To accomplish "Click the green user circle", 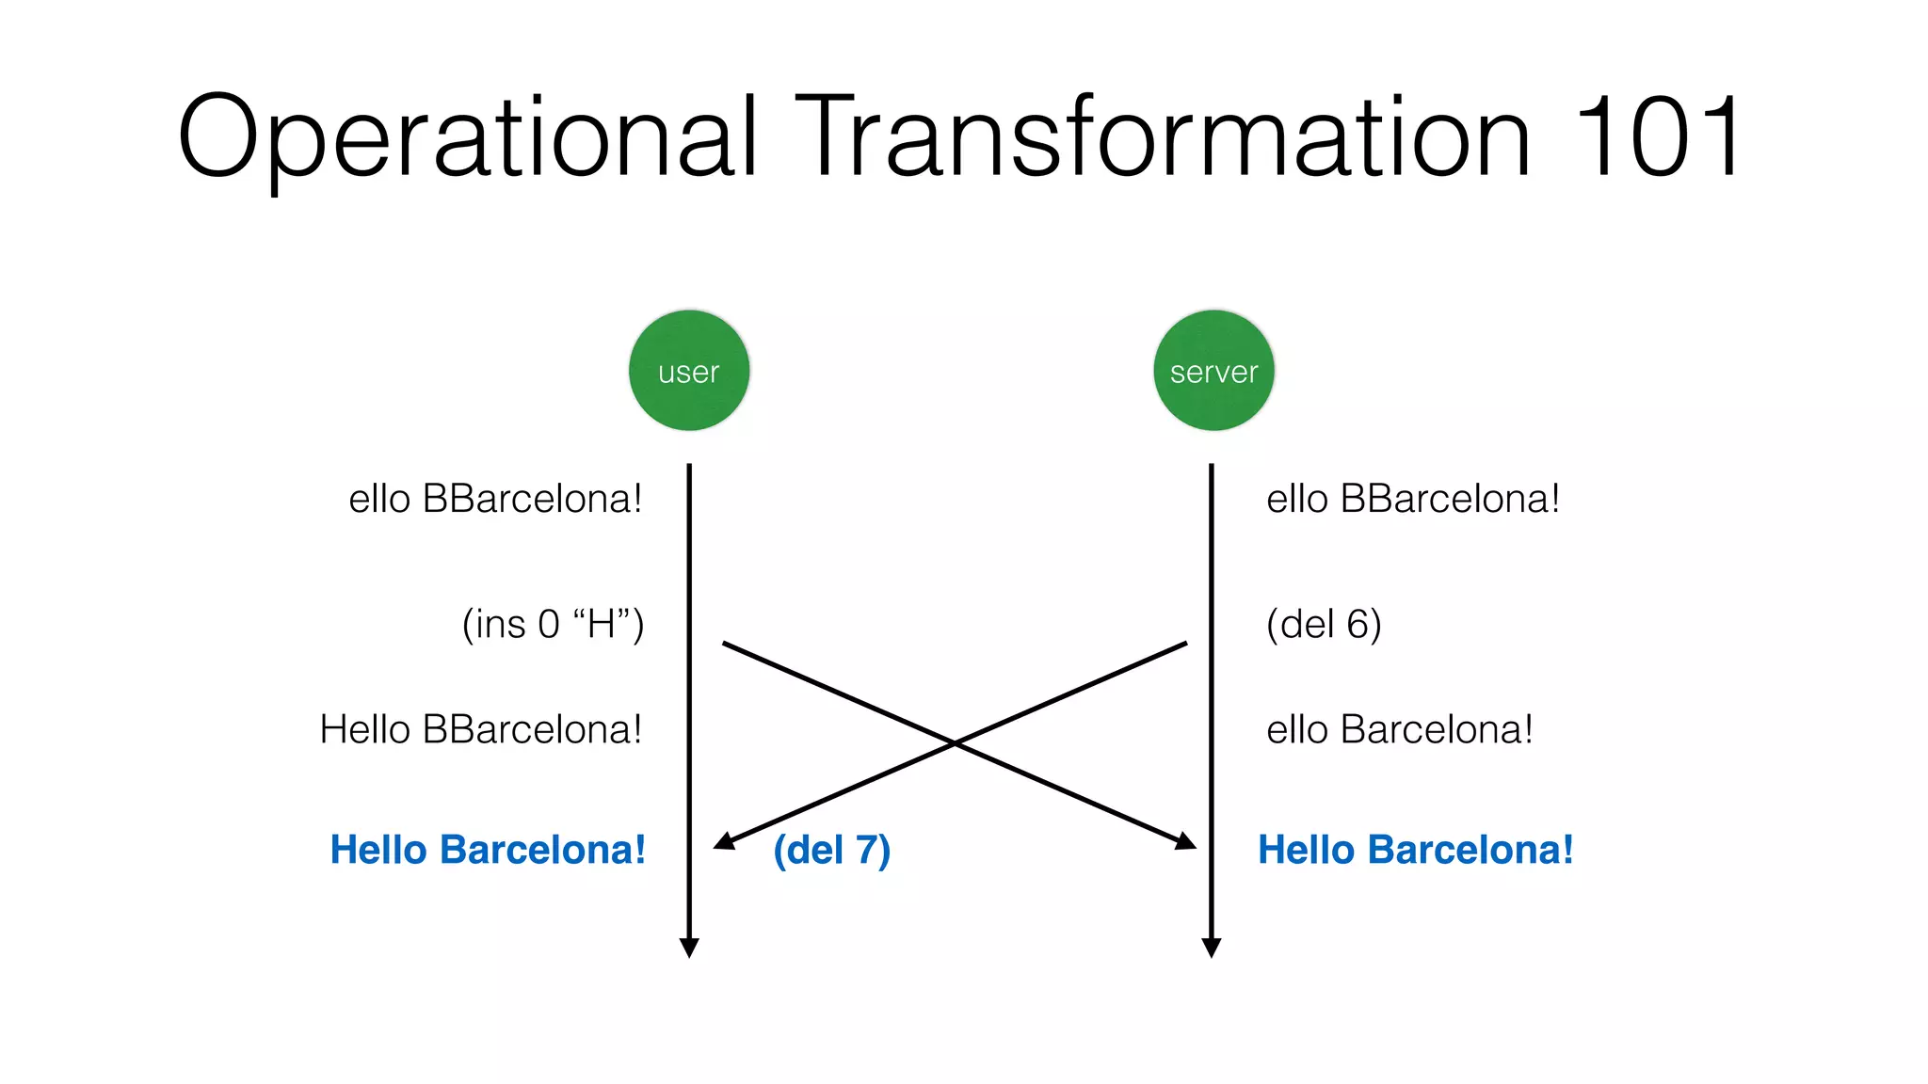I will pos(689,371).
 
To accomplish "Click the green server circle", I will pos(1213,371).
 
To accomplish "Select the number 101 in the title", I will pos(1656,137).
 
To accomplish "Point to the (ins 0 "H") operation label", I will pos(553,624).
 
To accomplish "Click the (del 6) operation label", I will pos(1324,624).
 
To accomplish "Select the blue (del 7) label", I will pos(831,850).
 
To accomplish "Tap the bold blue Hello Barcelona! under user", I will pos(488,850).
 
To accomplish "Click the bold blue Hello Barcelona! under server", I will pos(1415,850).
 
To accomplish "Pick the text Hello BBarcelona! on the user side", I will pos(481,729).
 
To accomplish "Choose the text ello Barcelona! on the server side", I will pos(1399,729).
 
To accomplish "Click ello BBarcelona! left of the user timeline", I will pos(495,499).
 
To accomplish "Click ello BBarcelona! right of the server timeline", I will pos(1413,499).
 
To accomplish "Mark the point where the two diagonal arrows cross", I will pos(955,743).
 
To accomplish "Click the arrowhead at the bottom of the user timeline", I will pos(689,948).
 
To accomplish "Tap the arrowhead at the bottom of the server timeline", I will pos(1212,948).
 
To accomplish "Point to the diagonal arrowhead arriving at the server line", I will pos(1187,841).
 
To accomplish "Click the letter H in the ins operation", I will pos(602,624).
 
